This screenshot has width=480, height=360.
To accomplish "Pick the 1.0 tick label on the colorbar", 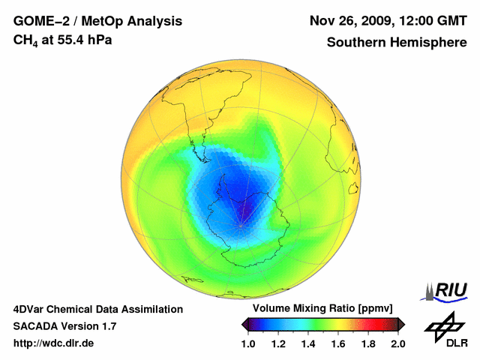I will [x=249, y=343].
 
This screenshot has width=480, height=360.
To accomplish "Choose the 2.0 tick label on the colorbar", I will [x=398, y=343].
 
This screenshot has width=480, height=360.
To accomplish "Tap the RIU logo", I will [x=445, y=289].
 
